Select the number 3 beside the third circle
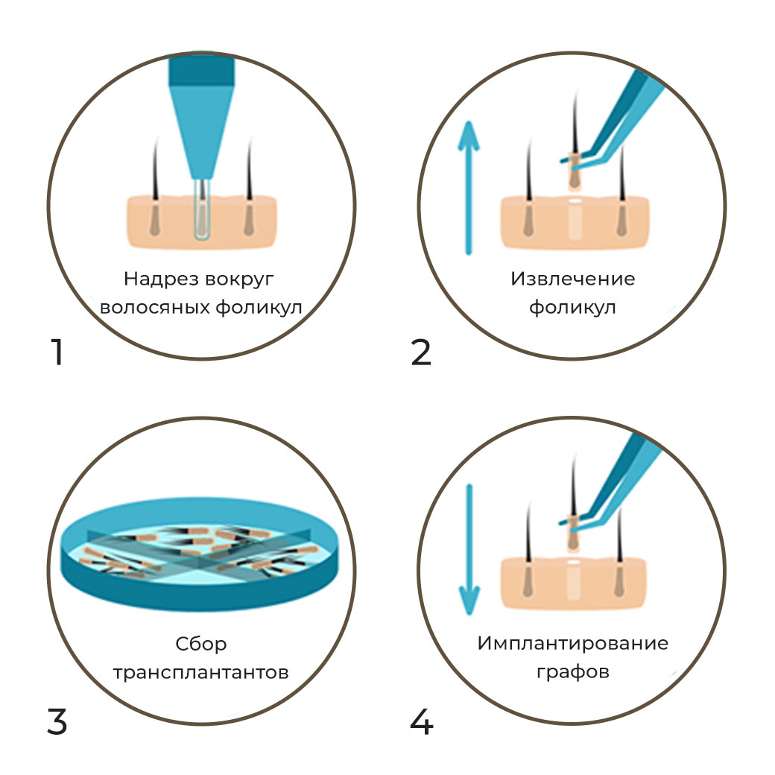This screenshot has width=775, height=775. pos(57,720)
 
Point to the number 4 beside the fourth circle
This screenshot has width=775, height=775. pos(421,720)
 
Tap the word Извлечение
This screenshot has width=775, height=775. pos(572,279)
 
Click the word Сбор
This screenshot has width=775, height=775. pos(201,644)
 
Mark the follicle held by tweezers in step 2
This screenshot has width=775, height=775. pos(574,168)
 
